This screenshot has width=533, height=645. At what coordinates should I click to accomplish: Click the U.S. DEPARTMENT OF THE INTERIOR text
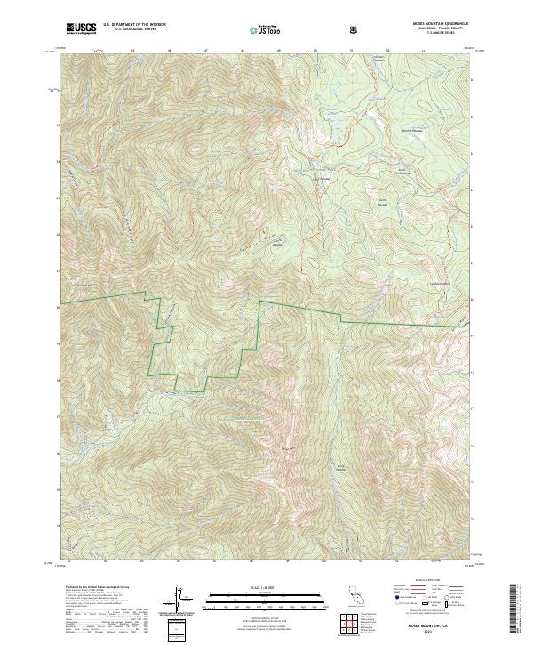[133, 25]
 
